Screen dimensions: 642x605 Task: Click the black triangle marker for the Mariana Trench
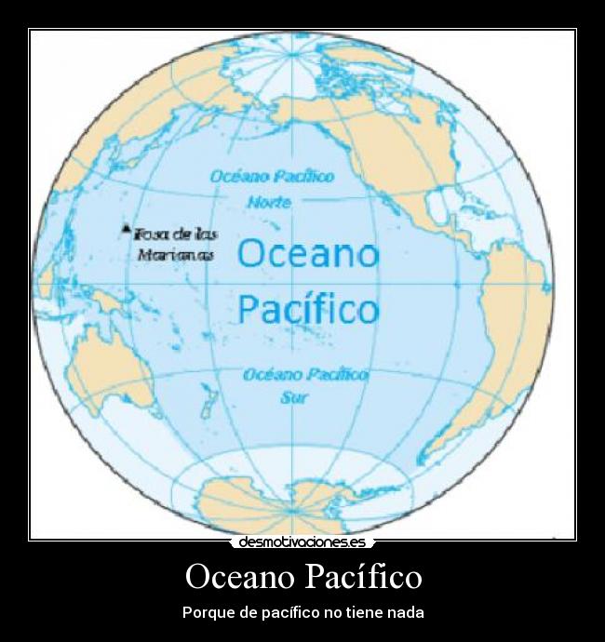click(x=127, y=228)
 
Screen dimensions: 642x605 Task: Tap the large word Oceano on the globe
click(x=308, y=253)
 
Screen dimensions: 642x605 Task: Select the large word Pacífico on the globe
click(x=308, y=308)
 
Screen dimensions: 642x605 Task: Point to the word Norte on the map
click(x=270, y=202)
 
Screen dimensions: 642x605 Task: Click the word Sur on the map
click(x=295, y=396)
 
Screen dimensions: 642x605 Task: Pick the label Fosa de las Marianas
click(x=175, y=244)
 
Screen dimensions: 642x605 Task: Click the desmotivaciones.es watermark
click(x=302, y=542)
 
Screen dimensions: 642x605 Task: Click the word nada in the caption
click(x=406, y=613)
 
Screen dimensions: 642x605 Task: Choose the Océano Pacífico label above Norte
click(x=272, y=176)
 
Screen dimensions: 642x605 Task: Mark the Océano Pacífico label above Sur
click(x=305, y=375)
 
